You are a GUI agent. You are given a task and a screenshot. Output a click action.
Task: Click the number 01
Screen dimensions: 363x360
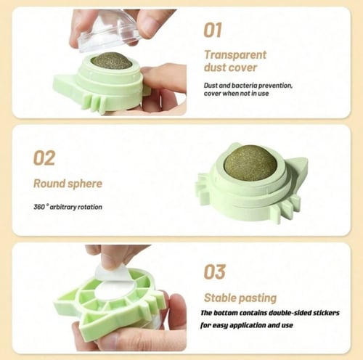click(x=213, y=30)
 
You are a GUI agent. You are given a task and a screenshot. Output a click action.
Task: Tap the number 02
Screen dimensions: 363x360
click(x=44, y=158)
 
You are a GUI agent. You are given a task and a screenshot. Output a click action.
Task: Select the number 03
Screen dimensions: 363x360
click(x=214, y=271)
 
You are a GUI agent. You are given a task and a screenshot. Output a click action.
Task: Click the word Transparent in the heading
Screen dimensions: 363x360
click(x=235, y=54)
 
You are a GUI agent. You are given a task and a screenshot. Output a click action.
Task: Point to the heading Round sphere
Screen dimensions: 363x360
click(x=68, y=184)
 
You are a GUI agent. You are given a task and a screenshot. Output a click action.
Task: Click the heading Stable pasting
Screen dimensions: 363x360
click(x=240, y=298)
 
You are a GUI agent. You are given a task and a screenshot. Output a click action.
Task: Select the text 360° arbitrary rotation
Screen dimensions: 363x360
click(x=68, y=207)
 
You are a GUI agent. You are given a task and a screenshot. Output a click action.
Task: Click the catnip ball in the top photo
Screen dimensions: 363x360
click(x=111, y=60)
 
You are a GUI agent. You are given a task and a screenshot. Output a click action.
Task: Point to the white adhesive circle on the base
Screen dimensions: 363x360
click(x=113, y=290)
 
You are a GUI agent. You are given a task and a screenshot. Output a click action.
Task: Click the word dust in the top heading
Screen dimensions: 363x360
click(x=216, y=67)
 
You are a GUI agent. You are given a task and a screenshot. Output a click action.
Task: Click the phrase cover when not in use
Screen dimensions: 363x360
click(x=236, y=94)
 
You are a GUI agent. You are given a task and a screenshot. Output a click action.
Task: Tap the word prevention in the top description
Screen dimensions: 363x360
click(x=275, y=86)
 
